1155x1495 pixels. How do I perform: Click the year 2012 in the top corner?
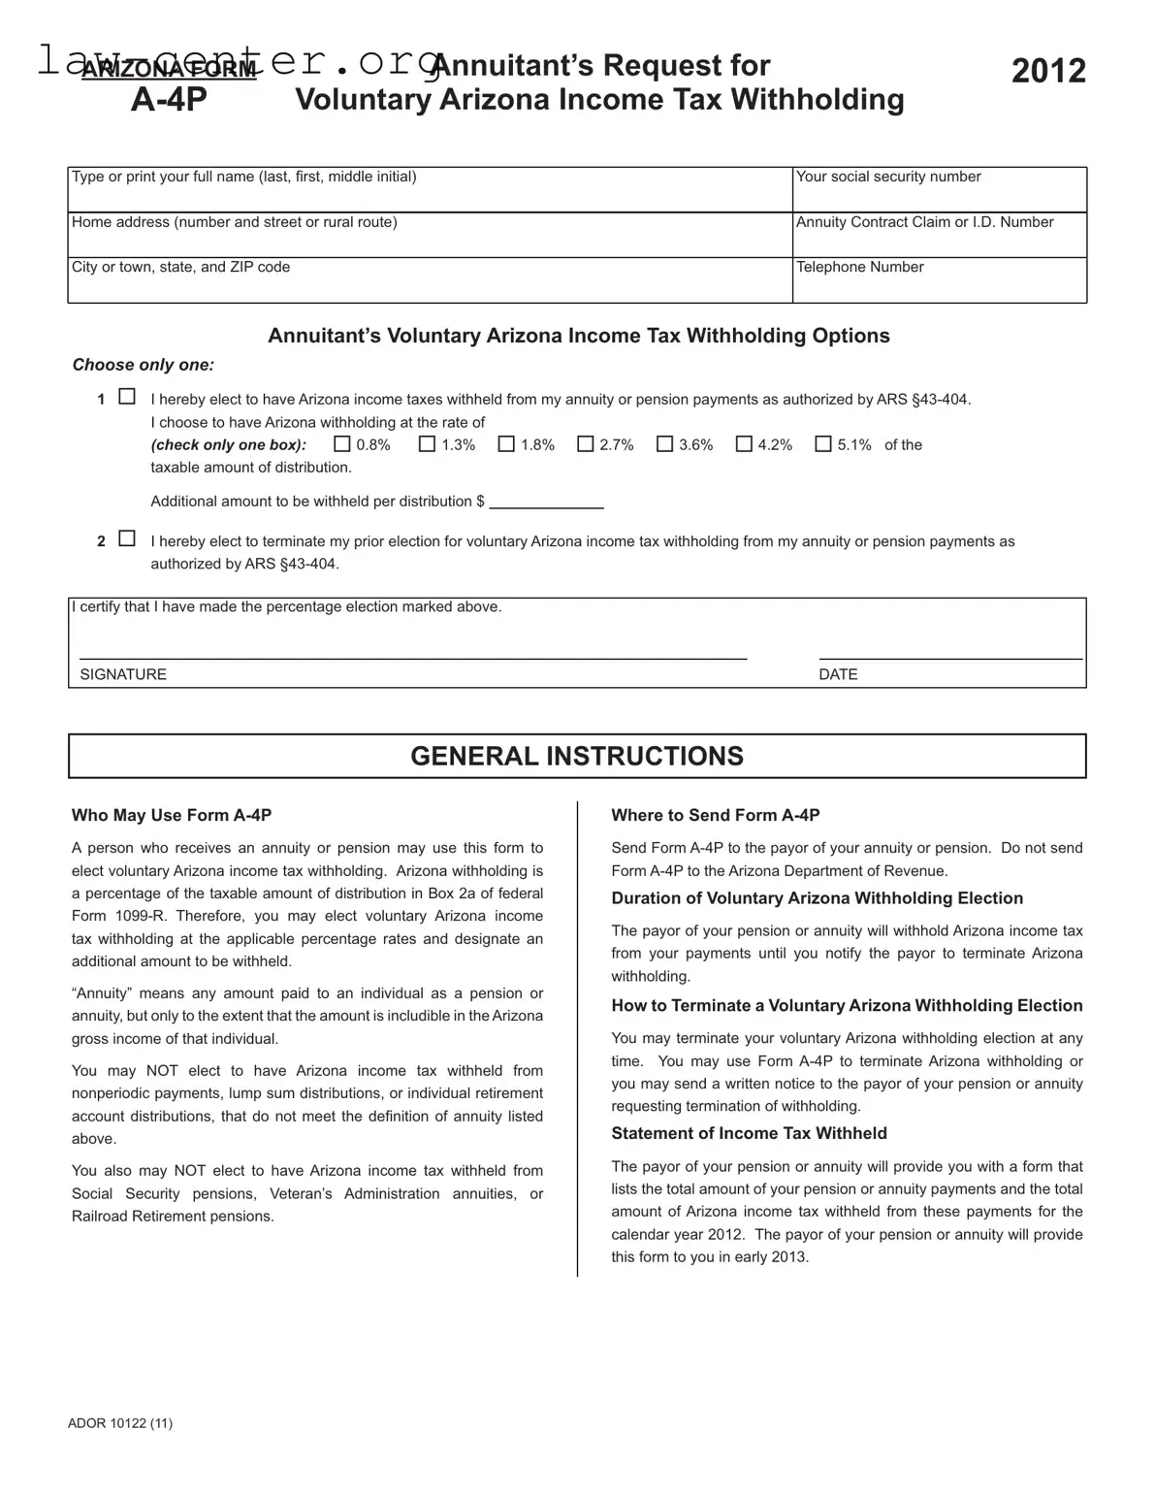(1048, 71)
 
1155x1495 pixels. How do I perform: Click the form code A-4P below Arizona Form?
(169, 99)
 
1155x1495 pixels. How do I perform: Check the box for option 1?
(127, 397)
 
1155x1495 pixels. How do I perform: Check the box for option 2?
(127, 538)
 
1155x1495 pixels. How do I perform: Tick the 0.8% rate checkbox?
(342, 444)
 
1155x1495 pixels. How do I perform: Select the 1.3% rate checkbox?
(427, 444)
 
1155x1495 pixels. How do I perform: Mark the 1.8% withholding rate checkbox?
(506, 444)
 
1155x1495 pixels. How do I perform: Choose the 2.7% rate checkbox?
(586, 444)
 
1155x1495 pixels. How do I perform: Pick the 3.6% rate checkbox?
(664, 444)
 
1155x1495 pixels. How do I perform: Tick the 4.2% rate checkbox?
(744, 444)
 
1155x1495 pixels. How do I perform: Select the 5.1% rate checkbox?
(823, 444)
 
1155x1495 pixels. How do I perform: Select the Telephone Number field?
(939, 285)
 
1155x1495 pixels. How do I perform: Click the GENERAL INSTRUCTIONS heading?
(577, 757)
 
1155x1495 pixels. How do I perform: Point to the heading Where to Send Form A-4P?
(716, 816)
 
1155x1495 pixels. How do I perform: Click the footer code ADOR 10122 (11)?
(120, 1423)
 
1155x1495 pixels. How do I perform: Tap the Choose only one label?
(144, 365)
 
